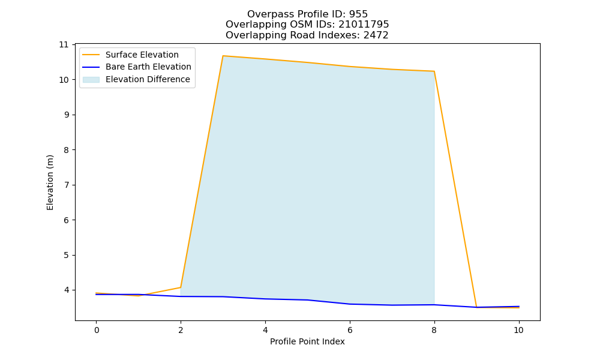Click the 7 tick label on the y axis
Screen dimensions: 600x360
67,185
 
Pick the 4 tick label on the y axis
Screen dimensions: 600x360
67,290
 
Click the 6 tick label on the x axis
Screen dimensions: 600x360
350,330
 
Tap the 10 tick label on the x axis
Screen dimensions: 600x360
518,330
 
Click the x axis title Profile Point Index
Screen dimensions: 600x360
307,341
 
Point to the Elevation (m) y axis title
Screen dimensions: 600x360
50,182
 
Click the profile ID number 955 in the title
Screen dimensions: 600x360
358,14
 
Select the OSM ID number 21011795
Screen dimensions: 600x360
364,25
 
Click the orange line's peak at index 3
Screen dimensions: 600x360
223,56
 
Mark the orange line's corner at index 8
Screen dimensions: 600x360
434,71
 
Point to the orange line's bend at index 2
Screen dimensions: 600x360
181,287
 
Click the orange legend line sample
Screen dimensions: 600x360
91,55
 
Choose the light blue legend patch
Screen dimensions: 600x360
91,80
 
